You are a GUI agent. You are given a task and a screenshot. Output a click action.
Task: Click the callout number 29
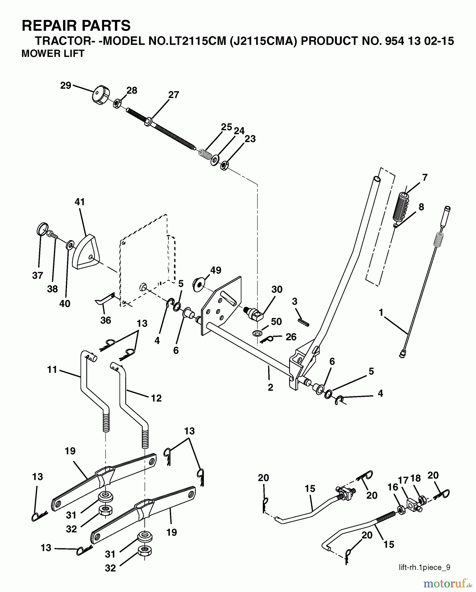pyautogui.click(x=66, y=86)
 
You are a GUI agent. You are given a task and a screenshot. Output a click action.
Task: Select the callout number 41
pyautogui.click(x=80, y=202)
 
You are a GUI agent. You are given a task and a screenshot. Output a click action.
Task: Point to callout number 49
pyautogui.click(x=215, y=270)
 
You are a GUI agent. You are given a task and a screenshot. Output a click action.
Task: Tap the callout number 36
pyautogui.click(x=105, y=320)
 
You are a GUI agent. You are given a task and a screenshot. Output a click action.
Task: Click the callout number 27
pyautogui.click(x=173, y=95)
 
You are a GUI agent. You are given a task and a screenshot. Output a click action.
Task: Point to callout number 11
pyautogui.click(x=52, y=370)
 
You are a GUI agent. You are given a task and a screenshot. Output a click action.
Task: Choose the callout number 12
pyautogui.click(x=156, y=398)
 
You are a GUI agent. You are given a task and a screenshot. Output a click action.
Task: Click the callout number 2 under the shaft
pyautogui.click(x=270, y=387)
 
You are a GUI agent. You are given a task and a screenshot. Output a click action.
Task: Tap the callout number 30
pyautogui.click(x=277, y=289)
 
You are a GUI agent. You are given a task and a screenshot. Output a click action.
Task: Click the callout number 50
pyautogui.click(x=276, y=321)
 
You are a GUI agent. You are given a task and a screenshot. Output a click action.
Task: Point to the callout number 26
pyautogui.click(x=291, y=337)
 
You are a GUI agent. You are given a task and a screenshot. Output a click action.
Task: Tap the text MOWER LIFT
pyautogui.click(x=53, y=53)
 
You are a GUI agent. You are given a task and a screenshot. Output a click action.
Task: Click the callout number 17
pyautogui.click(x=403, y=481)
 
